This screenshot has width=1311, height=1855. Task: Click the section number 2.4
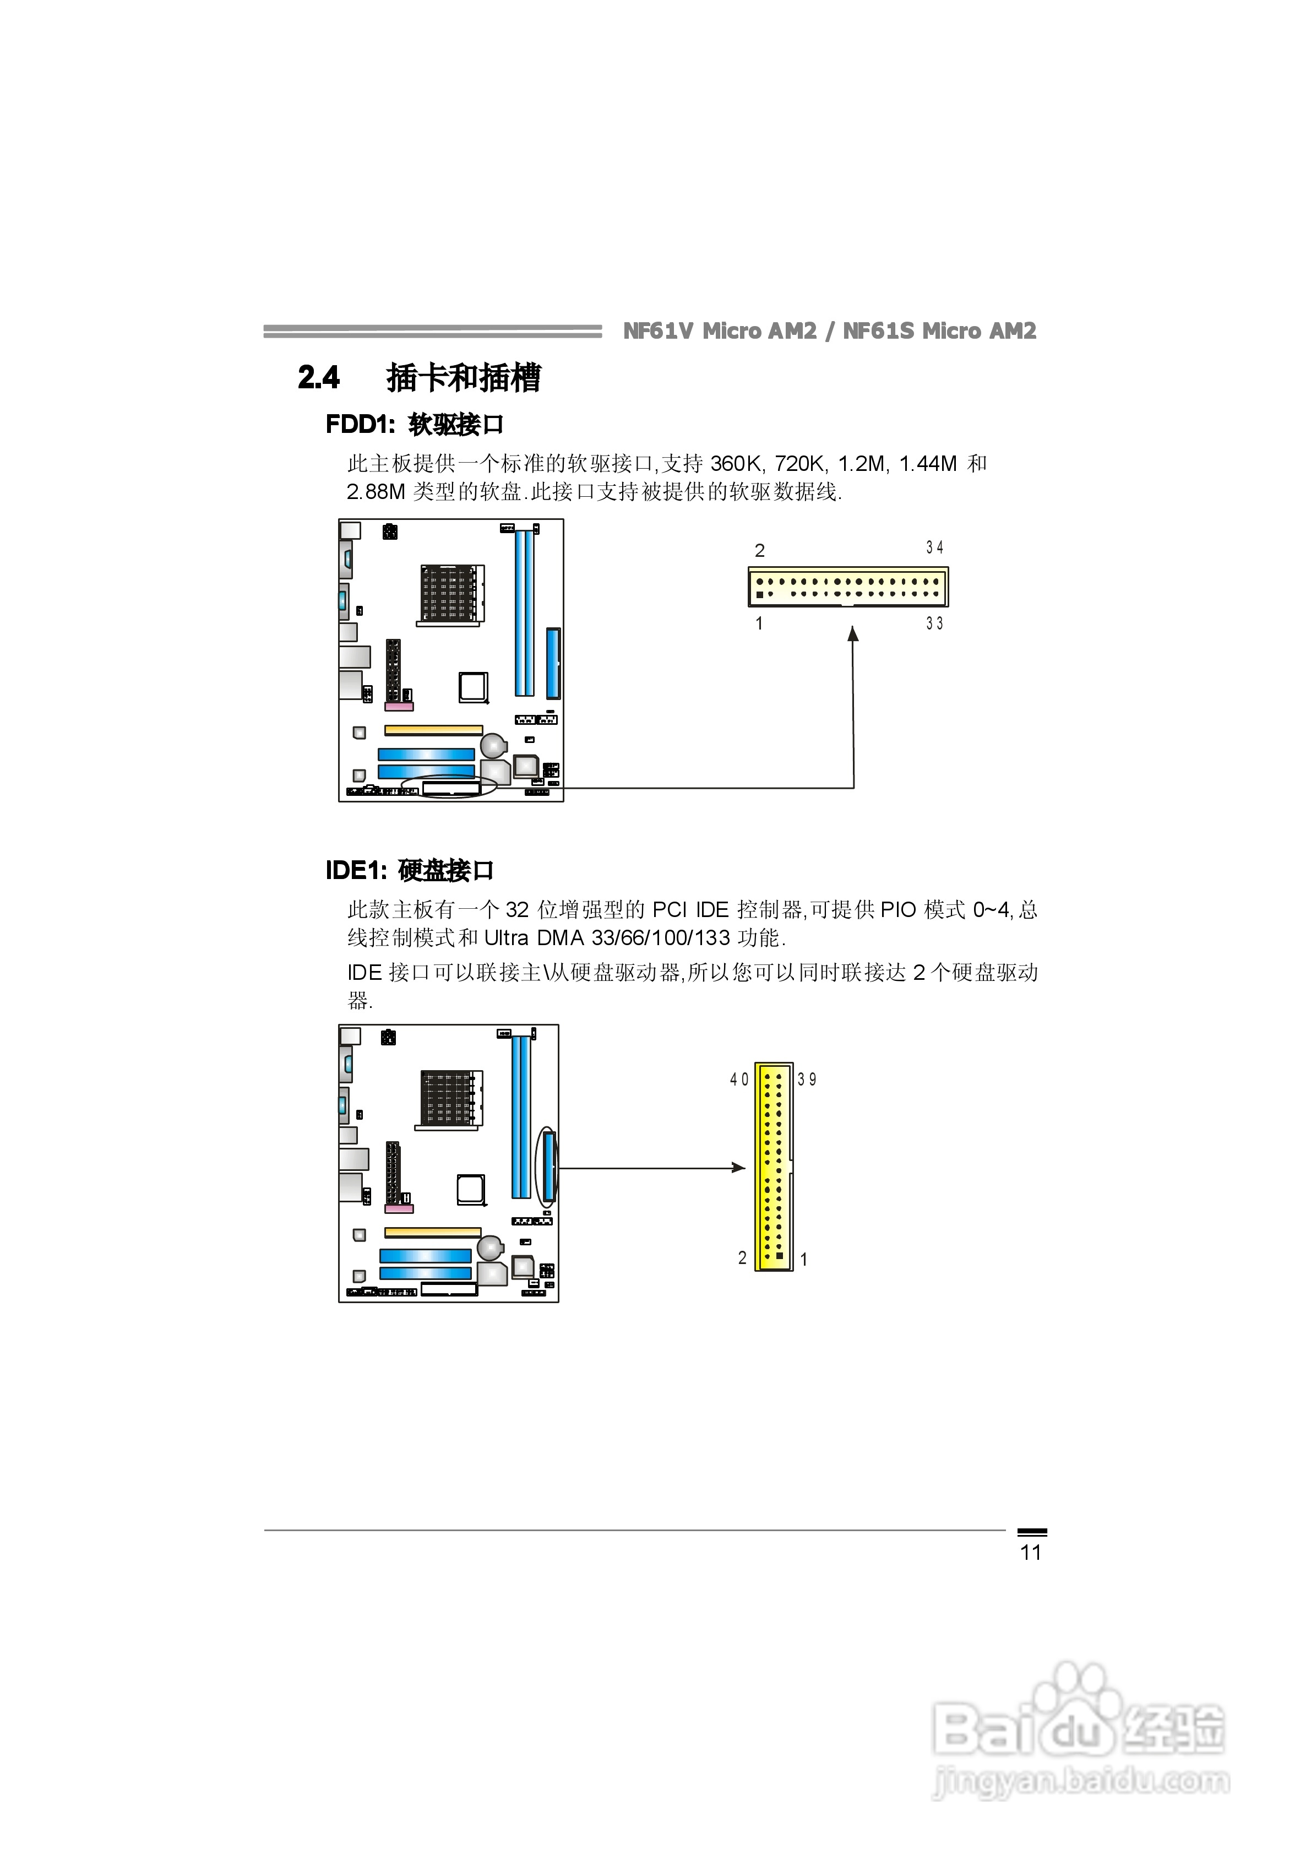319,377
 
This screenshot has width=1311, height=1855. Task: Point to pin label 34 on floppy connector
934,548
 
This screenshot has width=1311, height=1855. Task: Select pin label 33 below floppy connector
934,623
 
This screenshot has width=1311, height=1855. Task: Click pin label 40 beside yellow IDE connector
739,1080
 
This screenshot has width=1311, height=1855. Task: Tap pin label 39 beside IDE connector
807,1080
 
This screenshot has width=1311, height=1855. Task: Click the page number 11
1031,1552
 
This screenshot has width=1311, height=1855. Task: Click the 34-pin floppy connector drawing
847,587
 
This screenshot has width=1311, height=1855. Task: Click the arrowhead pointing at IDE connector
737,1168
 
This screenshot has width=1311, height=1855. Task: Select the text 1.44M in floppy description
927,464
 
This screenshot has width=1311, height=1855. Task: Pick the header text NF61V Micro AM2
720,331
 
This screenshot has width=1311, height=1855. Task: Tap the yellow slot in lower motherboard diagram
432,1232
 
